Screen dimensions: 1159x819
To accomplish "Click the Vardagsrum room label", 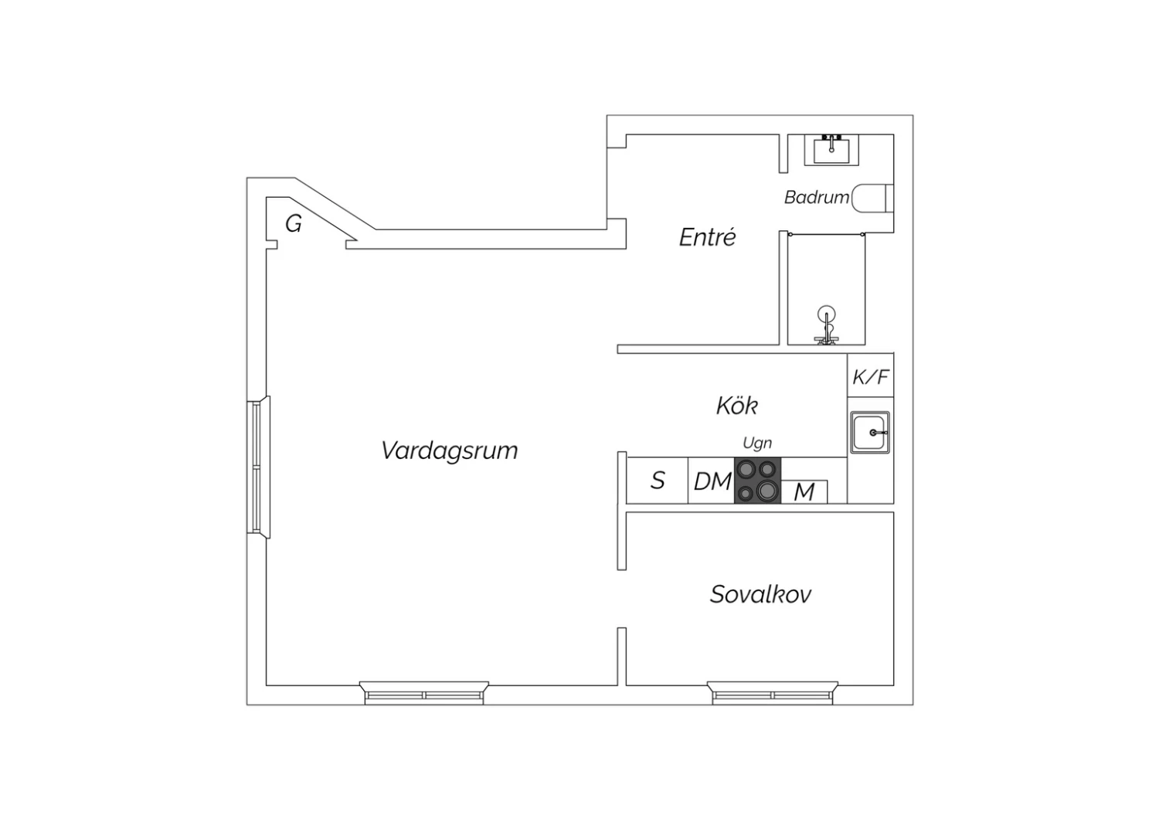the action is coord(449,450).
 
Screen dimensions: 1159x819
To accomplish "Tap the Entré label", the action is coord(707,237).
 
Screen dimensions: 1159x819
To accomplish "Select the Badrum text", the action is coord(817,197).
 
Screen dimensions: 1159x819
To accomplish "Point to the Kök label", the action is coord(737,406).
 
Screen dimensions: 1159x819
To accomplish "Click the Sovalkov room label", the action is coord(760,594).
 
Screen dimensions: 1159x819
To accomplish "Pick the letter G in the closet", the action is coord(294,224).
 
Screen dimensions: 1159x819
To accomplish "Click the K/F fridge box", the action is coord(870,376).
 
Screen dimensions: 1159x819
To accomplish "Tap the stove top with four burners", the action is coord(757,480).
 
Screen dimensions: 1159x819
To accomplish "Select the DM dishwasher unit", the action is coord(712,481).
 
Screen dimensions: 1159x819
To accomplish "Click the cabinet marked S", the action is coord(657,481).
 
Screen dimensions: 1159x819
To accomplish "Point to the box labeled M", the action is coord(804,492).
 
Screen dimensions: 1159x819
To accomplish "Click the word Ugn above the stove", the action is coord(757,443).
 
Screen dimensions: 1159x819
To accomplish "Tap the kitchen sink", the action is coord(870,433).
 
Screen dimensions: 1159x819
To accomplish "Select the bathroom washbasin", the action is coord(831,150).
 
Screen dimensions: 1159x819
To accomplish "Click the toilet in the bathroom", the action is coord(872,198).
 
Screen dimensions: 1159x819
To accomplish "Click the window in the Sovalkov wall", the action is coord(773,693).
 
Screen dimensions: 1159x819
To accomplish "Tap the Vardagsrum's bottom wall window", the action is coord(424,693).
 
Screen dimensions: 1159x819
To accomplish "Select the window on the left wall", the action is coord(259,467).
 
